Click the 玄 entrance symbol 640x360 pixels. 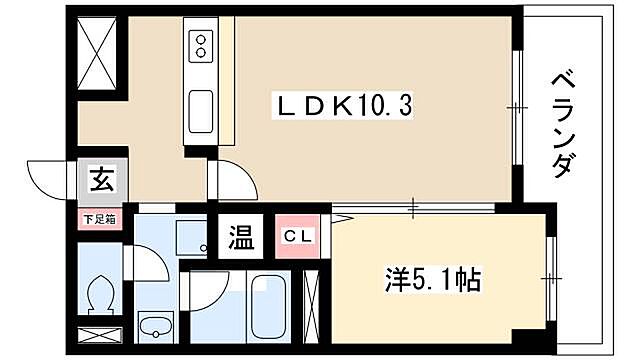tap(102, 182)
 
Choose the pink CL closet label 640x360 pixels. tap(299, 239)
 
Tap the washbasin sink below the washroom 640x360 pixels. tap(156, 324)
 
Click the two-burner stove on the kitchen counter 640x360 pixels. tap(199, 45)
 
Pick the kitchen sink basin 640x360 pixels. tap(199, 106)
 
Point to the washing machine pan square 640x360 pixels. tap(189, 235)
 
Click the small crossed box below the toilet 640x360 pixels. tap(97, 336)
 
